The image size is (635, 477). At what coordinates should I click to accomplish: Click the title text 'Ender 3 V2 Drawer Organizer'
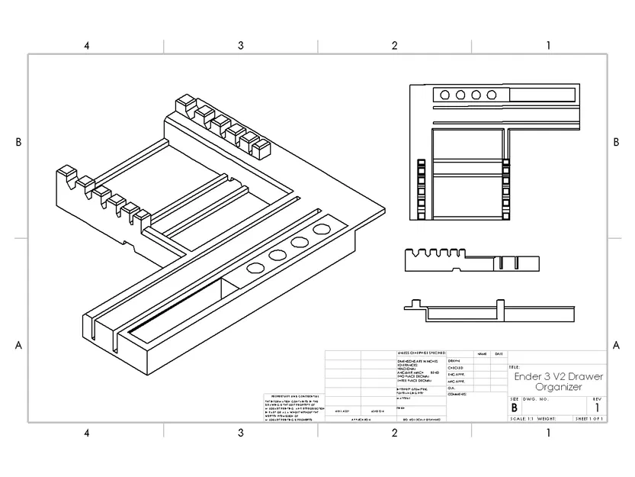[x=558, y=382]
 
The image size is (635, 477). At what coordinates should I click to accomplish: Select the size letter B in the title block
[x=514, y=408]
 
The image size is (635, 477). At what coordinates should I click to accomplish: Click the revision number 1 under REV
[x=597, y=408]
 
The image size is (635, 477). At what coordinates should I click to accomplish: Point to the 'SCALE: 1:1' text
[x=521, y=419]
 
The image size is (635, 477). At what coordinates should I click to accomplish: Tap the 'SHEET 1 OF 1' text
[x=590, y=419]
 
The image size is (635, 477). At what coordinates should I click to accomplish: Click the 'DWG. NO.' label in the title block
[x=536, y=399]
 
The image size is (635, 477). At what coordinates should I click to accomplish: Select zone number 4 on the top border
[x=87, y=46]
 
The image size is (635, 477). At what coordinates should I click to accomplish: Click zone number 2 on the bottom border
[x=394, y=433]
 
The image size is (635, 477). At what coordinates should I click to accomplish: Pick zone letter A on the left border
[x=18, y=345]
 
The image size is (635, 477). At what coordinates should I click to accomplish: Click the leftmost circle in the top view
[x=444, y=95]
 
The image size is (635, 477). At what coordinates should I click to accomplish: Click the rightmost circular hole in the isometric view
[x=322, y=230]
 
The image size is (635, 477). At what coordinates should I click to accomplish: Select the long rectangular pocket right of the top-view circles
[x=542, y=95]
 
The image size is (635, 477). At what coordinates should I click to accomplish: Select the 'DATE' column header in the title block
[x=499, y=354]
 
